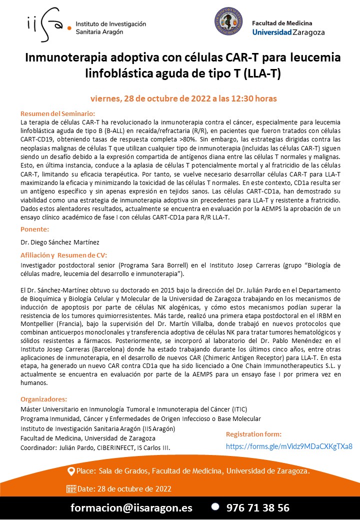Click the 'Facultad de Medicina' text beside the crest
[x=282, y=23]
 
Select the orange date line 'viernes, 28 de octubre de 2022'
[x=183, y=98]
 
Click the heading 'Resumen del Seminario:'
[x=57, y=113]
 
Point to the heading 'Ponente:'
[x=34, y=229]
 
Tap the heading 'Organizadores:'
[x=43, y=399]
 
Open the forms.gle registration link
[x=289, y=446]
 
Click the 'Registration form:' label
[x=253, y=434]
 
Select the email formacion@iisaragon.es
[x=131, y=507]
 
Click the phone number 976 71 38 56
[x=257, y=507]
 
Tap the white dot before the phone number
[x=215, y=506]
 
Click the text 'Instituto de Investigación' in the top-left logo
[x=110, y=23]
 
